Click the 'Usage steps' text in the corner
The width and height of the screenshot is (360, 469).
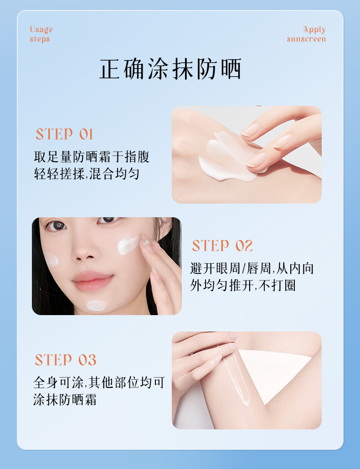[41, 34]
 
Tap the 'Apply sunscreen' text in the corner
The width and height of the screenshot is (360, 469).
[306, 34]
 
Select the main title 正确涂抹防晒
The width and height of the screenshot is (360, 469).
[170, 69]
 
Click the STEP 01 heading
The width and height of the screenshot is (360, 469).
[64, 134]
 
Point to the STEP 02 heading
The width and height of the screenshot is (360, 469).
[222, 245]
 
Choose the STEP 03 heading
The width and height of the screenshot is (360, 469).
[66, 360]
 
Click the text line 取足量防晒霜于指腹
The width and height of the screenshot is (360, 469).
[92, 157]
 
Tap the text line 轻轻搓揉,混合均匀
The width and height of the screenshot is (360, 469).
[87, 174]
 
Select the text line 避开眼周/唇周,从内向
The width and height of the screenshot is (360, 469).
[252, 268]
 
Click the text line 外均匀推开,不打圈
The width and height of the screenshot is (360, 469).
[243, 285]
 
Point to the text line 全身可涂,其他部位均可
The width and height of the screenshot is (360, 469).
[99, 382]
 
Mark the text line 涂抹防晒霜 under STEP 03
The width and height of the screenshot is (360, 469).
[65, 400]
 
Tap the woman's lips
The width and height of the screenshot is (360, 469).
[93, 280]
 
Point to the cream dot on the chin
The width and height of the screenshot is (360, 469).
[96, 306]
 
